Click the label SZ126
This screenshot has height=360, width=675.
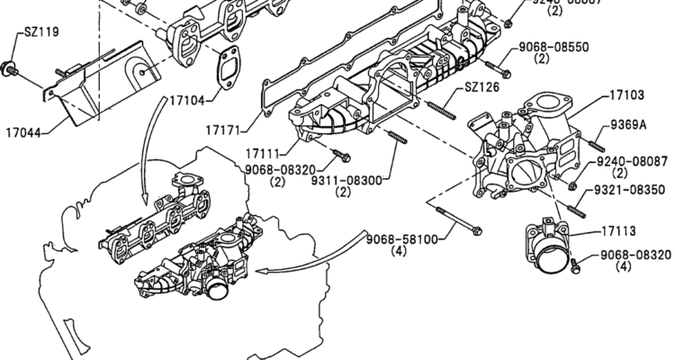coord(480,87)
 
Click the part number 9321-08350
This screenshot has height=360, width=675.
coord(630,190)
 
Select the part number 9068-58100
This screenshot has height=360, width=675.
coord(401,239)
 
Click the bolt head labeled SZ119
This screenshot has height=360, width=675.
coord(11,65)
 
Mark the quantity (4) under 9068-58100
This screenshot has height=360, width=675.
coord(400,253)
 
